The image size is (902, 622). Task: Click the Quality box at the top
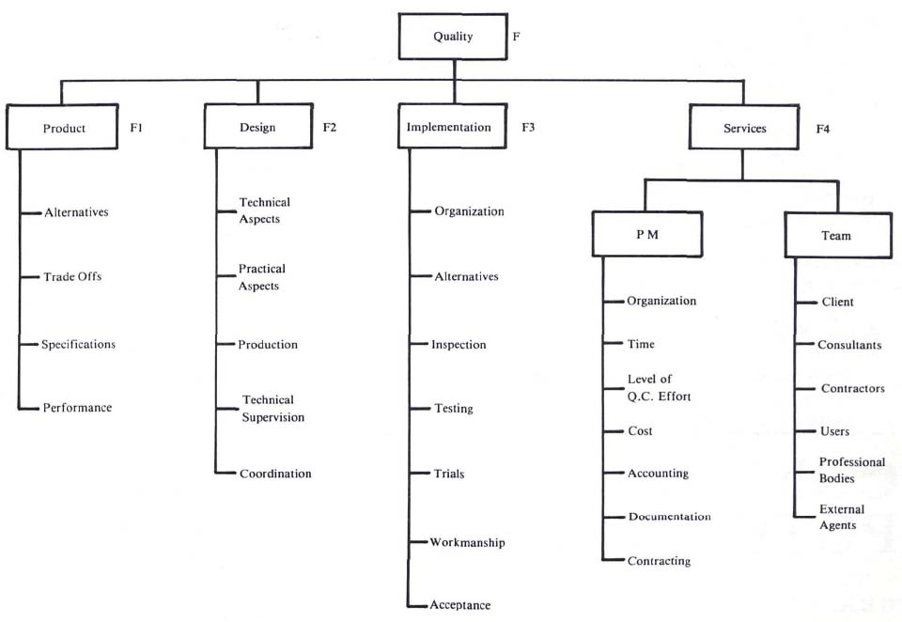454,38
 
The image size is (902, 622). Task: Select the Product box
64,128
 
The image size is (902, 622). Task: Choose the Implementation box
449,127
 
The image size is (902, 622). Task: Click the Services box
742,128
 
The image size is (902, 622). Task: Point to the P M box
645,235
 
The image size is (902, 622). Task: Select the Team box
836,235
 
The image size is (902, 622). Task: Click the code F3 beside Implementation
528,127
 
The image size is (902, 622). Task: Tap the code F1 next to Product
135,127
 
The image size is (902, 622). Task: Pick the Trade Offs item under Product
72,277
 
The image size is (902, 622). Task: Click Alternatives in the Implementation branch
466,277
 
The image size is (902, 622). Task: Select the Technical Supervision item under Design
272,409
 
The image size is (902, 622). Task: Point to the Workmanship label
467,543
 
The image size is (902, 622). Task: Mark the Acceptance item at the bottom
460,605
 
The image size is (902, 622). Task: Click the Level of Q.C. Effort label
659,388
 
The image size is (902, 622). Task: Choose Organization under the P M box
661,302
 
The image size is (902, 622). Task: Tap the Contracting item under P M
659,561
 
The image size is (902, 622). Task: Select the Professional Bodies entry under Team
851,470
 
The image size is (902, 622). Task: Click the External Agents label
838,517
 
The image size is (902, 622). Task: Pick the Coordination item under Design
274,474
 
